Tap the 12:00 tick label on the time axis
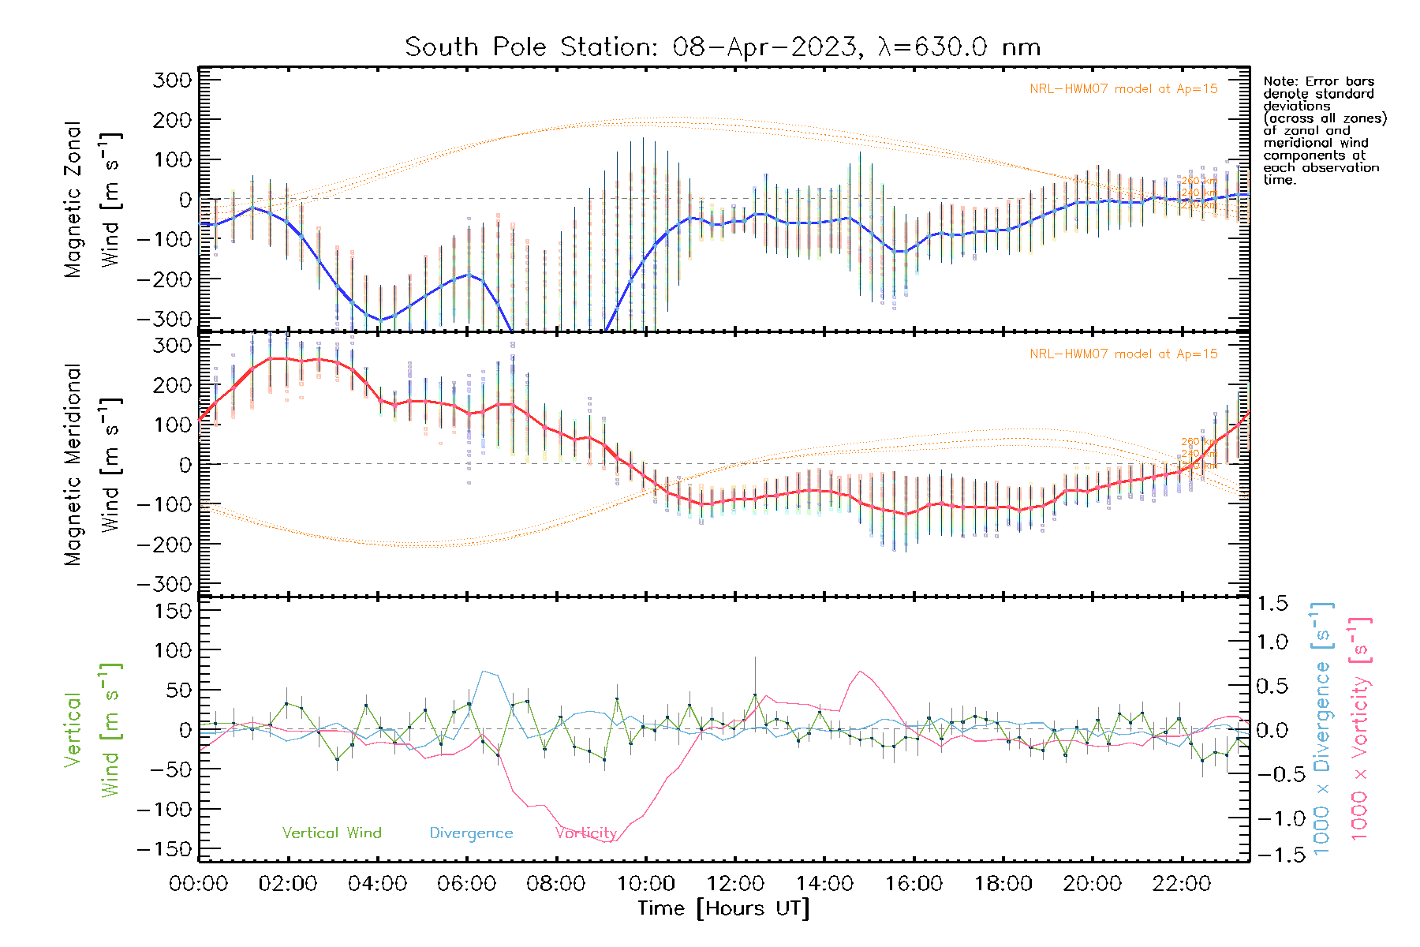click(735, 884)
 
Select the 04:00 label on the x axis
click(377, 884)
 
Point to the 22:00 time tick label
click(1182, 884)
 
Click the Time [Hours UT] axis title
click(723, 908)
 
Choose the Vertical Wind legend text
click(331, 833)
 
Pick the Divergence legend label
click(471, 833)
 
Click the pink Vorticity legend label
click(585, 833)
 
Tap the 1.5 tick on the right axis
click(1272, 604)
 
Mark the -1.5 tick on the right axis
click(1269, 855)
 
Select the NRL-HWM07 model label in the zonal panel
click(1123, 89)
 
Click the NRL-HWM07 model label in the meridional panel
click(1123, 354)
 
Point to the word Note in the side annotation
click(1279, 81)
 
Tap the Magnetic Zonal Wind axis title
click(92, 200)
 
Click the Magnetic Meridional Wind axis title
click(92, 465)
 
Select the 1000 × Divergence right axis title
click(1322, 728)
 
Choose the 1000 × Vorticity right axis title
click(1360, 728)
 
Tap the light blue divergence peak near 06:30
click(484, 672)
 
